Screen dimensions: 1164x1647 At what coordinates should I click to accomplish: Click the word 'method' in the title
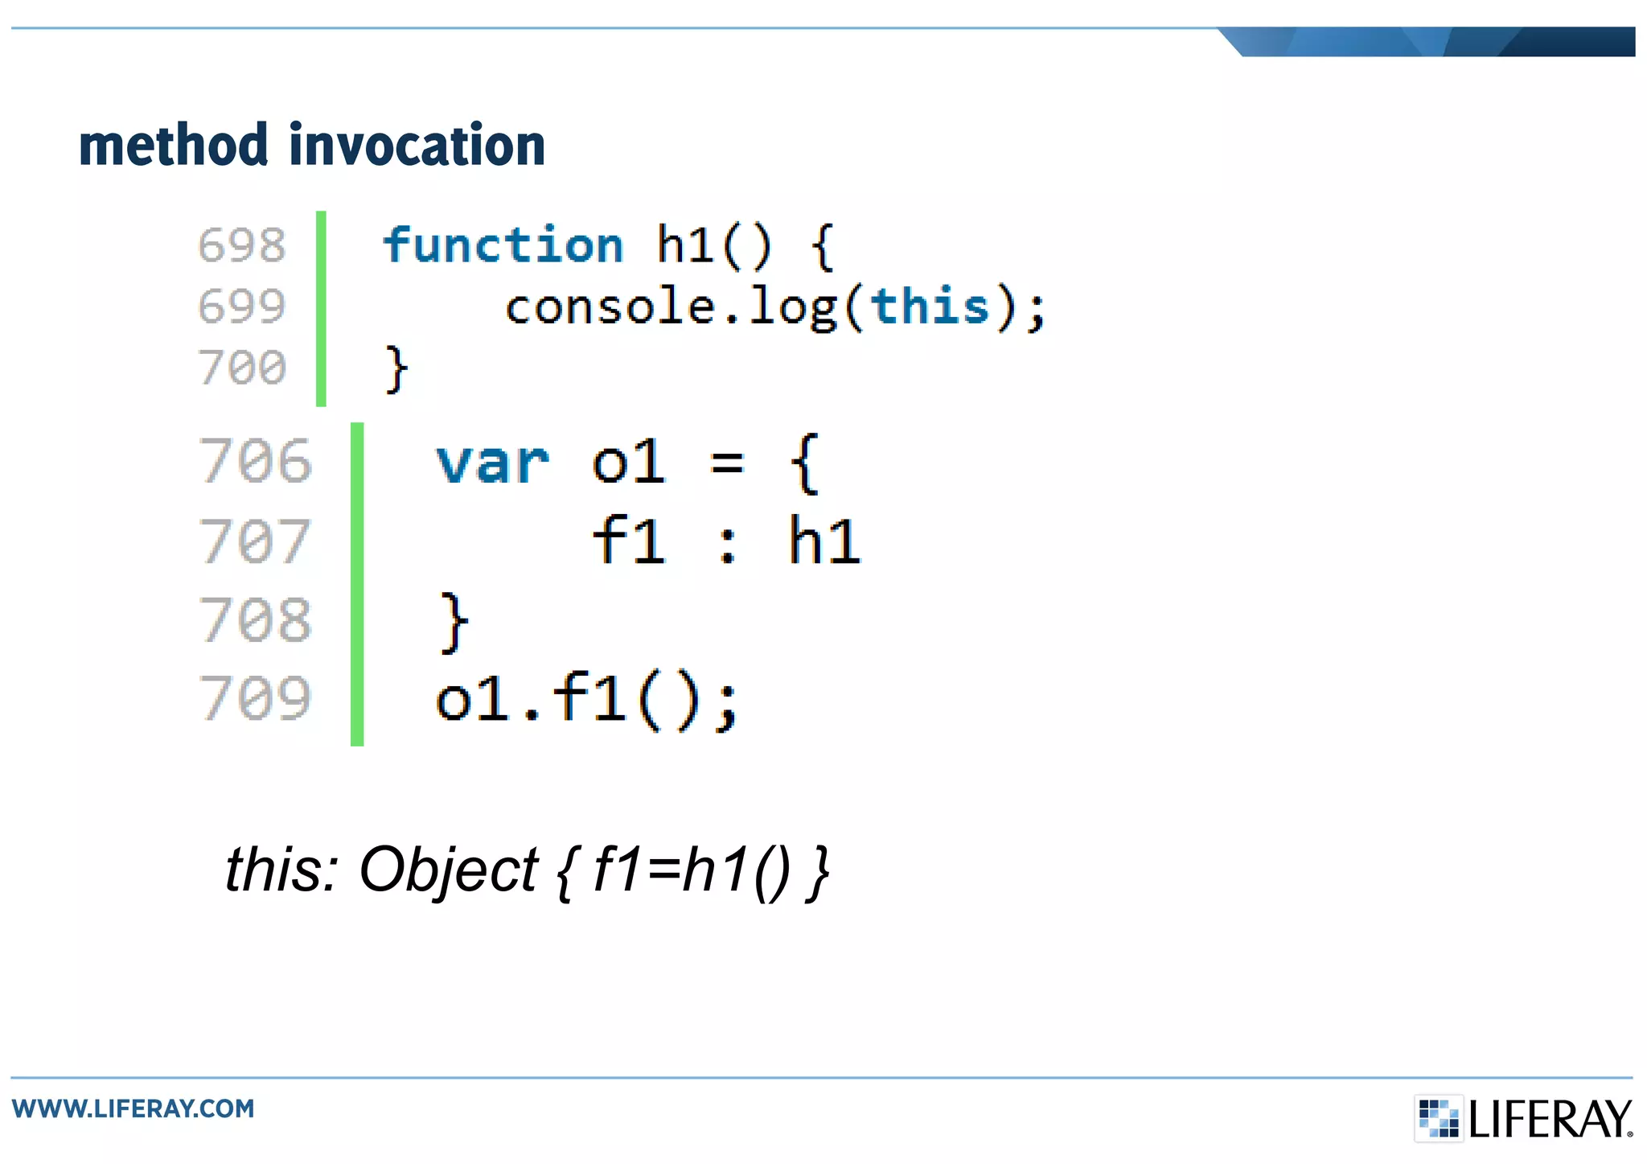(x=174, y=146)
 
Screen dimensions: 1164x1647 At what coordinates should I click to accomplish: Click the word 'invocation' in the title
(x=417, y=146)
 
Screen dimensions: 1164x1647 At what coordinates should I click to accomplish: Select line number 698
(x=242, y=245)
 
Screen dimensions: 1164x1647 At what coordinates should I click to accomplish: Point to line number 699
(x=242, y=306)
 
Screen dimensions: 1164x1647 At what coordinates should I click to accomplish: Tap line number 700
(x=242, y=368)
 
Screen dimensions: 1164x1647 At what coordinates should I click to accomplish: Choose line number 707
(x=256, y=541)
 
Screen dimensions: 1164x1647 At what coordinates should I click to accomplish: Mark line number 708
(x=256, y=619)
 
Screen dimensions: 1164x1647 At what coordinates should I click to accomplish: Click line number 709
(x=256, y=697)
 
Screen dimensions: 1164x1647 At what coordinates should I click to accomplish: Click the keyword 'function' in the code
(x=503, y=245)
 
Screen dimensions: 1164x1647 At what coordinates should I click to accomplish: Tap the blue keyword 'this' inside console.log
(x=930, y=306)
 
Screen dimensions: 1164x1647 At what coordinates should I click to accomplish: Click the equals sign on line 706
(x=728, y=463)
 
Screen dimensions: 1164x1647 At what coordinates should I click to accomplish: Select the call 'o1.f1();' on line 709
(x=586, y=699)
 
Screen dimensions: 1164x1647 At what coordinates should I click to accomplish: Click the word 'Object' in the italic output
(x=448, y=871)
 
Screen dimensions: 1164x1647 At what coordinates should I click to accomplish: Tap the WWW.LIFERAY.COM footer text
(x=133, y=1108)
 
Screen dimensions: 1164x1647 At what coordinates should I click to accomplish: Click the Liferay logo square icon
(x=1439, y=1118)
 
